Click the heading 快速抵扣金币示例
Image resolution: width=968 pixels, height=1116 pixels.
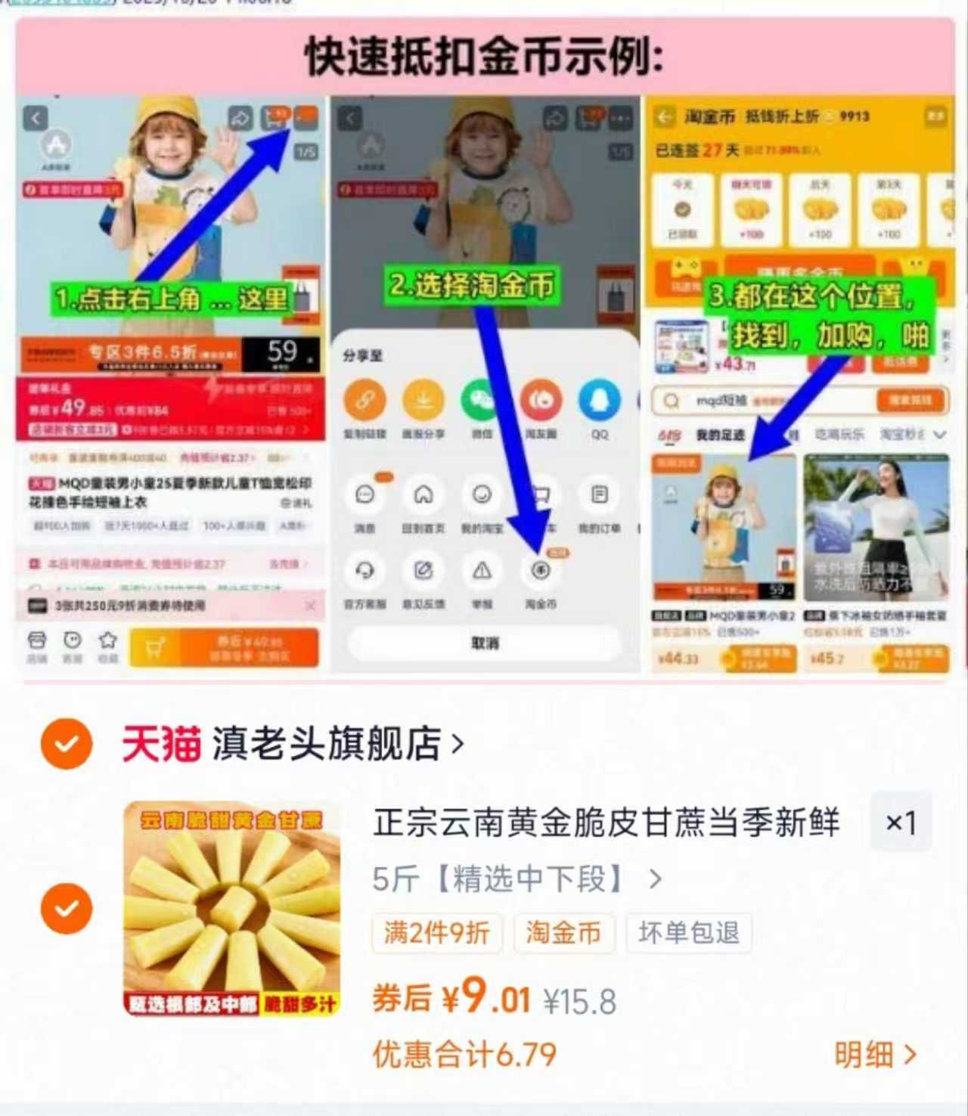click(x=484, y=57)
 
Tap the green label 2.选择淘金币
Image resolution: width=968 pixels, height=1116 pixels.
click(x=472, y=286)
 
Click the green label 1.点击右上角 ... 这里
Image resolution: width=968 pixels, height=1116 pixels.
click(x=172, y=299)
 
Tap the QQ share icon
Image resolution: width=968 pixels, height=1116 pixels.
click(x=599, y=401)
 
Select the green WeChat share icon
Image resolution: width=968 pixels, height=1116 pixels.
click(x=482, y=401)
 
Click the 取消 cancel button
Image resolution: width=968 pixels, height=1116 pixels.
click(x=485, y=643)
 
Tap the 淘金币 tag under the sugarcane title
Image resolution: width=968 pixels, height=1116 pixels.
click(x=563, y=932)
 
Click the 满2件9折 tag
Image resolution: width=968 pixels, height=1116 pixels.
click(x=436, y=932)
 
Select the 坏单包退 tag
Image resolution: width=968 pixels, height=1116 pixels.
click(x=688, y=932)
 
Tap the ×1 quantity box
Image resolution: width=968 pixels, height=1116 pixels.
click(x=900, y=823)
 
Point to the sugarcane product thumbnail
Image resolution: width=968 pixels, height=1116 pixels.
click(x=232, y=908)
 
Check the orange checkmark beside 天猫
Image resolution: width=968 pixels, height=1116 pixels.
click(x=67, y=744)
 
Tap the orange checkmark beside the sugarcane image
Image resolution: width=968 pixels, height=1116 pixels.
click(x=67, y=908)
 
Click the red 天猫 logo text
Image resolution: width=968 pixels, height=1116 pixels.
click(x=161, y=744)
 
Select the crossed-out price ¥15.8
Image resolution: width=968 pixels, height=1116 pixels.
click(x=580, y=1002)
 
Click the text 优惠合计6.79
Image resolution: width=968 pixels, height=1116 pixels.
click(x=464, y=1054)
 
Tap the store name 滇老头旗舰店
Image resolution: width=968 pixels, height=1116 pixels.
click(x=327, y=744)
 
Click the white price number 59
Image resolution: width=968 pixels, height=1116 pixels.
click(x=283, y=351)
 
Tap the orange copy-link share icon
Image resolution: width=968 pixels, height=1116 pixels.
click(x=365, y=401)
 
